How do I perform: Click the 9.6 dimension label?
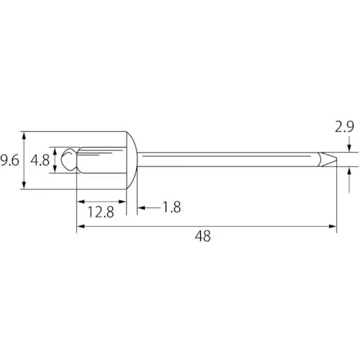pos(9,161)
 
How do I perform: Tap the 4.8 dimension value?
pos(40,161)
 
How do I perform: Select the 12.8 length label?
pos(101,212)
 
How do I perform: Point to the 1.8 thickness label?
pos(172,207)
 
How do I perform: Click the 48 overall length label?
pos(203,236)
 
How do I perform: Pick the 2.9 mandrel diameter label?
pos(344,127)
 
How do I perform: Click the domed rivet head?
pos(132,161)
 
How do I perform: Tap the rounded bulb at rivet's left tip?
pos(69,159)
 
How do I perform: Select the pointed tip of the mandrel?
pos(328,159)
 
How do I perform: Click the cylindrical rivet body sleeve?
pos(102,160)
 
